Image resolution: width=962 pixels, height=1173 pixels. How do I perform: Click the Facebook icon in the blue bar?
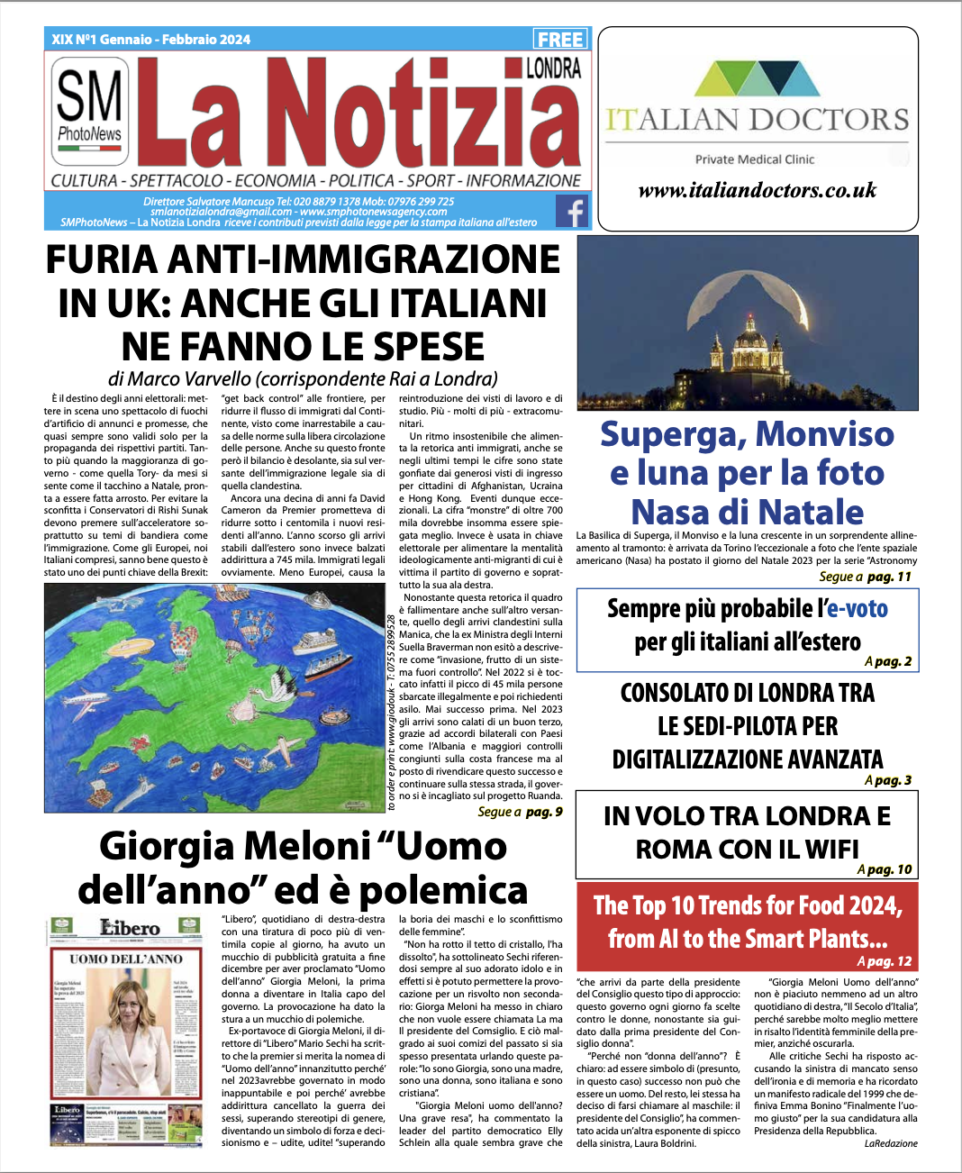pos(573,212)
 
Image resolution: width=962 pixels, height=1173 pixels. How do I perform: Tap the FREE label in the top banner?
pos(560,39)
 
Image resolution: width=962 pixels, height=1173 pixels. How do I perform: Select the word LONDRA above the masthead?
pos(553,68)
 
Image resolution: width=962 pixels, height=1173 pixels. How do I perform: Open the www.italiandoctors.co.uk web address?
pos(757,190)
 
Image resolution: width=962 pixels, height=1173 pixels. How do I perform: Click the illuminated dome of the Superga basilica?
pos(749,334)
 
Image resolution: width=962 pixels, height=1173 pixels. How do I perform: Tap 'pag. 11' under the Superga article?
pos(889,577)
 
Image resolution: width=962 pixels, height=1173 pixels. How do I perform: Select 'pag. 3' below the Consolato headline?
pos(893,780)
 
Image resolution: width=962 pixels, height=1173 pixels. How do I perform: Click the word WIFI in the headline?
pos(826,850)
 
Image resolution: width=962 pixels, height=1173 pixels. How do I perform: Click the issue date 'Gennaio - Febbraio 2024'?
pos(175,40)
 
